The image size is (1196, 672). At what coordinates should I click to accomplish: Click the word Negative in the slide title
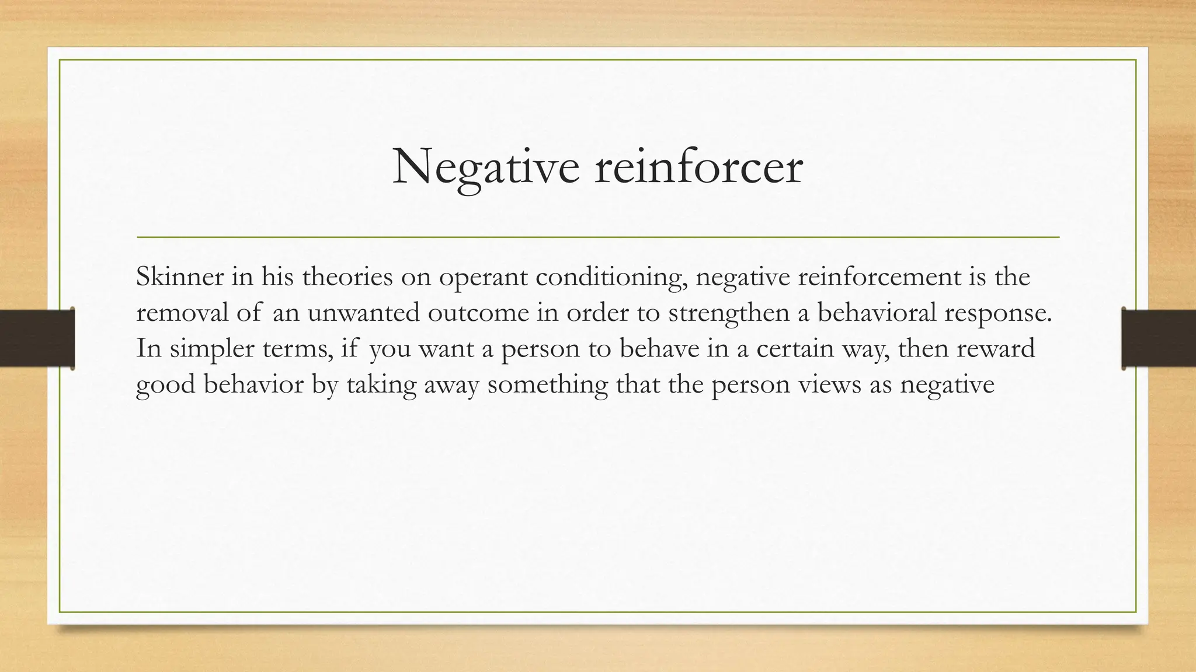pyautogui.click(x=486, y=168)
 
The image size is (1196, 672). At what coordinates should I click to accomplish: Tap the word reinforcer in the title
pyautogui.click(x=699, y=168)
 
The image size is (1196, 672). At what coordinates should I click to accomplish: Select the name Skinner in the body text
pyautogui.click(x=180, y=276)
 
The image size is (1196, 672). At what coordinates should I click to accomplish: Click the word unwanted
pyautogui.click(x=364, y=313)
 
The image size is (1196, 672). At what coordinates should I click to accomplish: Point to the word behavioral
pyautogui.click(x=877, y=313)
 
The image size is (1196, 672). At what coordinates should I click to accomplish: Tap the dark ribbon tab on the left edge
pyautogui.click(x=37, y=338)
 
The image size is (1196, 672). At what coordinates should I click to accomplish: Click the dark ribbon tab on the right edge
pyautogui.click(x=1159, y=338)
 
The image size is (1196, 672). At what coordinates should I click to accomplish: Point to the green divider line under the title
pyautogui.click(x=597, y=237)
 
